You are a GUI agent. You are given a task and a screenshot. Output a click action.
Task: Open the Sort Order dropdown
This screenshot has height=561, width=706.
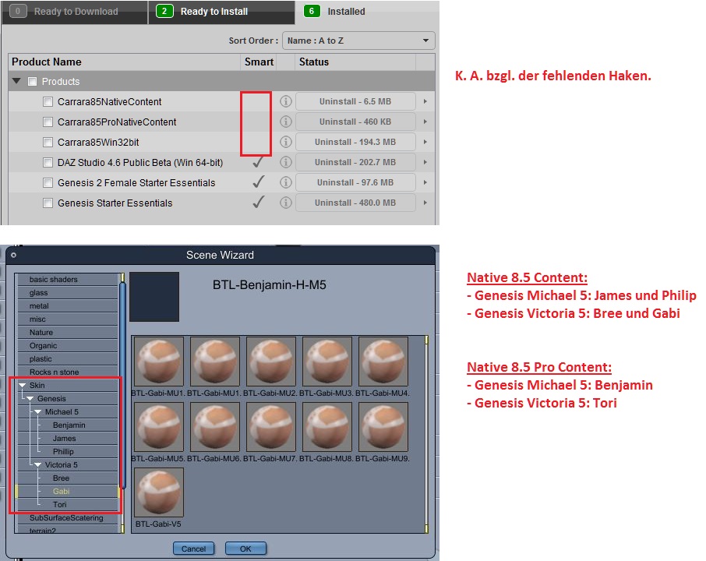coord(358,41)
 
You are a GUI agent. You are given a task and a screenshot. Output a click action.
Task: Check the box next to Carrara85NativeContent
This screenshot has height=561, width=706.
coord(48,102)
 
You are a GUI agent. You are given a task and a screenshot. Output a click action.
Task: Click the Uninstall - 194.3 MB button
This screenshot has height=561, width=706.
coord(355,142)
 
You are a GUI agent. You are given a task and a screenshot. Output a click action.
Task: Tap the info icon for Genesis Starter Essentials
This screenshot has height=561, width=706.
coord(286,203)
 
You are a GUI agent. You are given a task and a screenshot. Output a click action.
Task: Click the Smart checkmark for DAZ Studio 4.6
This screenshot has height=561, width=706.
coord(258,162)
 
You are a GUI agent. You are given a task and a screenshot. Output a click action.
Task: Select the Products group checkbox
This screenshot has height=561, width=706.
coord(33,82)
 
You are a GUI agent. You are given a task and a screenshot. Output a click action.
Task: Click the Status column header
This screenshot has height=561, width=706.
coord(314,62)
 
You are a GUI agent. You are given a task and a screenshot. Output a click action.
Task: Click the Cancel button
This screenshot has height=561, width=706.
coord(193,549)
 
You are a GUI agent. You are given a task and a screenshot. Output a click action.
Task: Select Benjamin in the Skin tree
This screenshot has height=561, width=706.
coord(69,425)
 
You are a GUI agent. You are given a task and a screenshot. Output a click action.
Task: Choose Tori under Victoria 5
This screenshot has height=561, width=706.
coord(59,505)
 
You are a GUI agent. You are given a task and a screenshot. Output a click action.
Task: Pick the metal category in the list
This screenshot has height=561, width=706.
coord(39,306)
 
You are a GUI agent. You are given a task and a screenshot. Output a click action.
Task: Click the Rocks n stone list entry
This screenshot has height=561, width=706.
coord(54,372)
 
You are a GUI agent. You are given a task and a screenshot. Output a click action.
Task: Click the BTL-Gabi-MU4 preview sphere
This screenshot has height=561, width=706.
coord(383,361)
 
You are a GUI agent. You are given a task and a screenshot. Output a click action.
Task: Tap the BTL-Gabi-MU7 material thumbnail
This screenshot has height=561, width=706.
coord(271,427)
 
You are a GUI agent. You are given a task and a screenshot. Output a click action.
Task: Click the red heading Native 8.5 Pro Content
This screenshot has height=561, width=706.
coord(539,368)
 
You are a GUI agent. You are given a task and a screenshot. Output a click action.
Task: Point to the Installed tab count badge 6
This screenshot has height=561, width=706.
coord(312,11)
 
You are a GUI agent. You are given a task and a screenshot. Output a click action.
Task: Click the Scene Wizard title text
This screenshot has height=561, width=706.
coord(221,256)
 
